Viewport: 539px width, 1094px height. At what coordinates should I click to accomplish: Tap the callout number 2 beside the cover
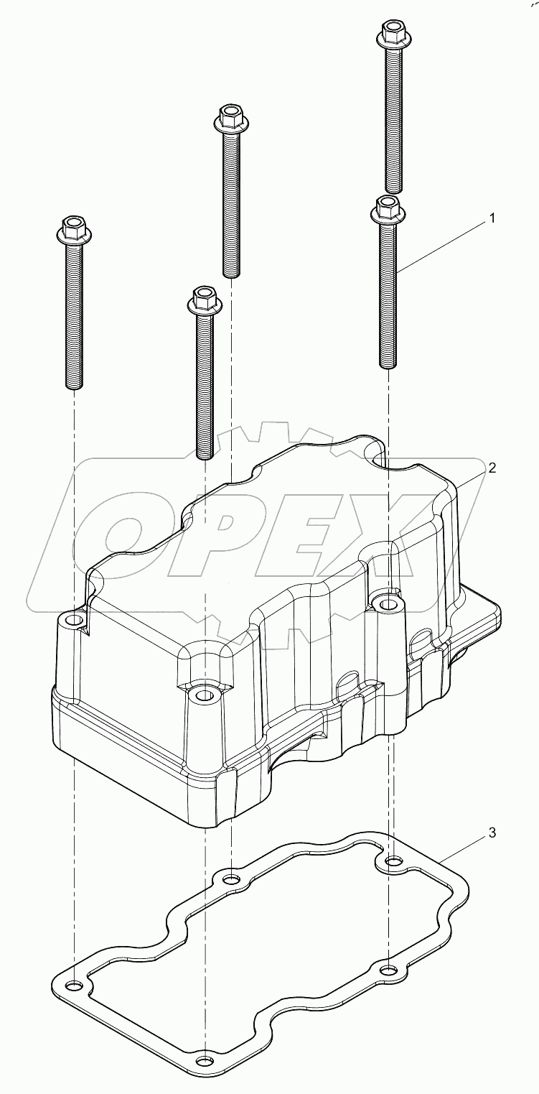(x=492, y=467)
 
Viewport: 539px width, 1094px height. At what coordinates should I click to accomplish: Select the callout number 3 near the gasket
(x=492, y=833)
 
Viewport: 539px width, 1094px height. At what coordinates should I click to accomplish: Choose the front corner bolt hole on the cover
(x=204, y=695)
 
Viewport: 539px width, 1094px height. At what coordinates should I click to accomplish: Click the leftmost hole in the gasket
(x=72, y=985)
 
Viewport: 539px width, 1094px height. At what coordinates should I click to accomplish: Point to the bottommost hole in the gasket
(x=205, y=1062)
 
